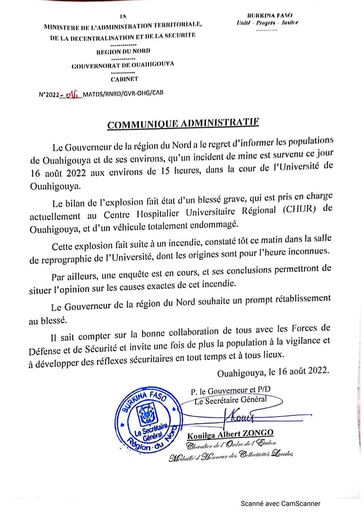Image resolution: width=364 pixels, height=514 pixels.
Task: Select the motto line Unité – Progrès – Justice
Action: pos(267,23)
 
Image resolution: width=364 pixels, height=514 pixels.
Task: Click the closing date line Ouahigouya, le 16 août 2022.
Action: pos(274,370)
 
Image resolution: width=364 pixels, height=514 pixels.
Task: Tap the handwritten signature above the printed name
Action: pos(239,417)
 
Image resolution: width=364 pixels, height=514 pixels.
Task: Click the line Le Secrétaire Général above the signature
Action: pos(231,400)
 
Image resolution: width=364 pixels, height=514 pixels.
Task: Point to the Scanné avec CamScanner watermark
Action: pos(280,503)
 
